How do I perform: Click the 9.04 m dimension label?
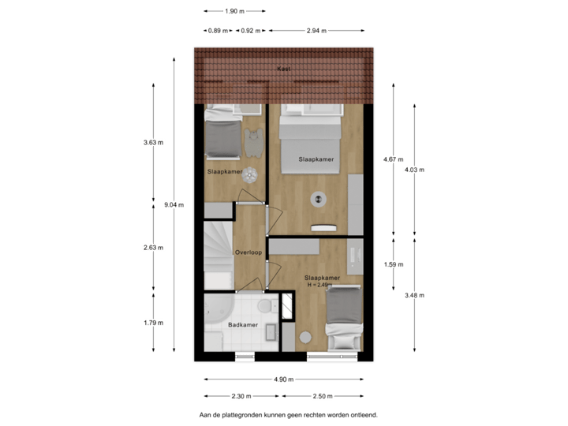pos(174,204)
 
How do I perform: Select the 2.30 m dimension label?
pos(241,396)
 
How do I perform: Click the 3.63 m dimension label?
pos(153,143)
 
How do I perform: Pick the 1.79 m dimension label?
pos(153,322)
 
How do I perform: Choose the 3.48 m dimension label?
pos(414,295)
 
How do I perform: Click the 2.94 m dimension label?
pos(316,31)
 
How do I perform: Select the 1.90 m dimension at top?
pos(234,11)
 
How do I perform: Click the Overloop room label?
pos(248,252)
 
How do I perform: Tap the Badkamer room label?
pos(241,324)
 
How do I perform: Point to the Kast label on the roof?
pos(283,69)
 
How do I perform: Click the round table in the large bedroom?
pos(319,199)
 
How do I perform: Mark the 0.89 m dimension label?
pos(217,31)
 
